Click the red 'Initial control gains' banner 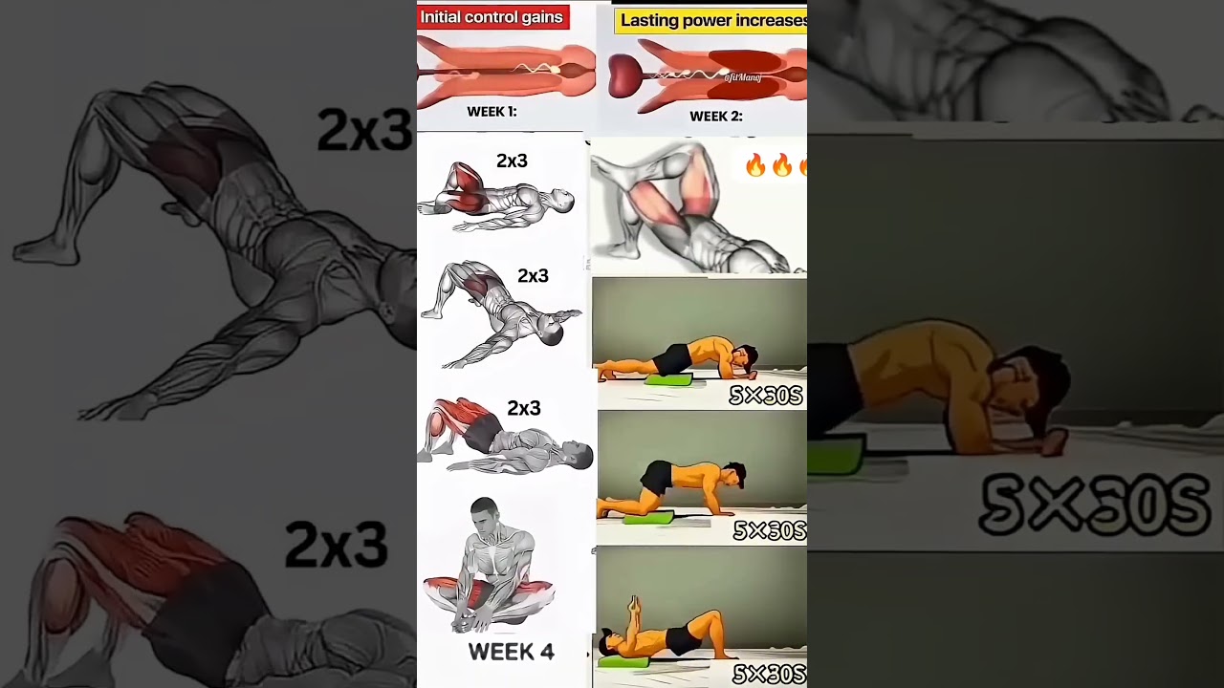pos(492,17)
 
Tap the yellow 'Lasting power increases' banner pos(712,20)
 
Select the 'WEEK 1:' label pos(492,112)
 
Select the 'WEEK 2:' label pos(716,117)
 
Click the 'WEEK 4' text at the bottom pos(511,653)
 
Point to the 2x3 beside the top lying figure pos(512,161)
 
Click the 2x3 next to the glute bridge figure pos(533,276)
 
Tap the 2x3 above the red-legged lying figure pos(524,408)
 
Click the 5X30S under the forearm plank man pos(765,395)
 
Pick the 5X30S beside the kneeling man pos(769,530)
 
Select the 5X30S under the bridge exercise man pos(769,675)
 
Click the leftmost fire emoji pos(755,166)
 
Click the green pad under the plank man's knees pos(667,380)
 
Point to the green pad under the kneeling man pos(647,518)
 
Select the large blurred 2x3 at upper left pos(364,131)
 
